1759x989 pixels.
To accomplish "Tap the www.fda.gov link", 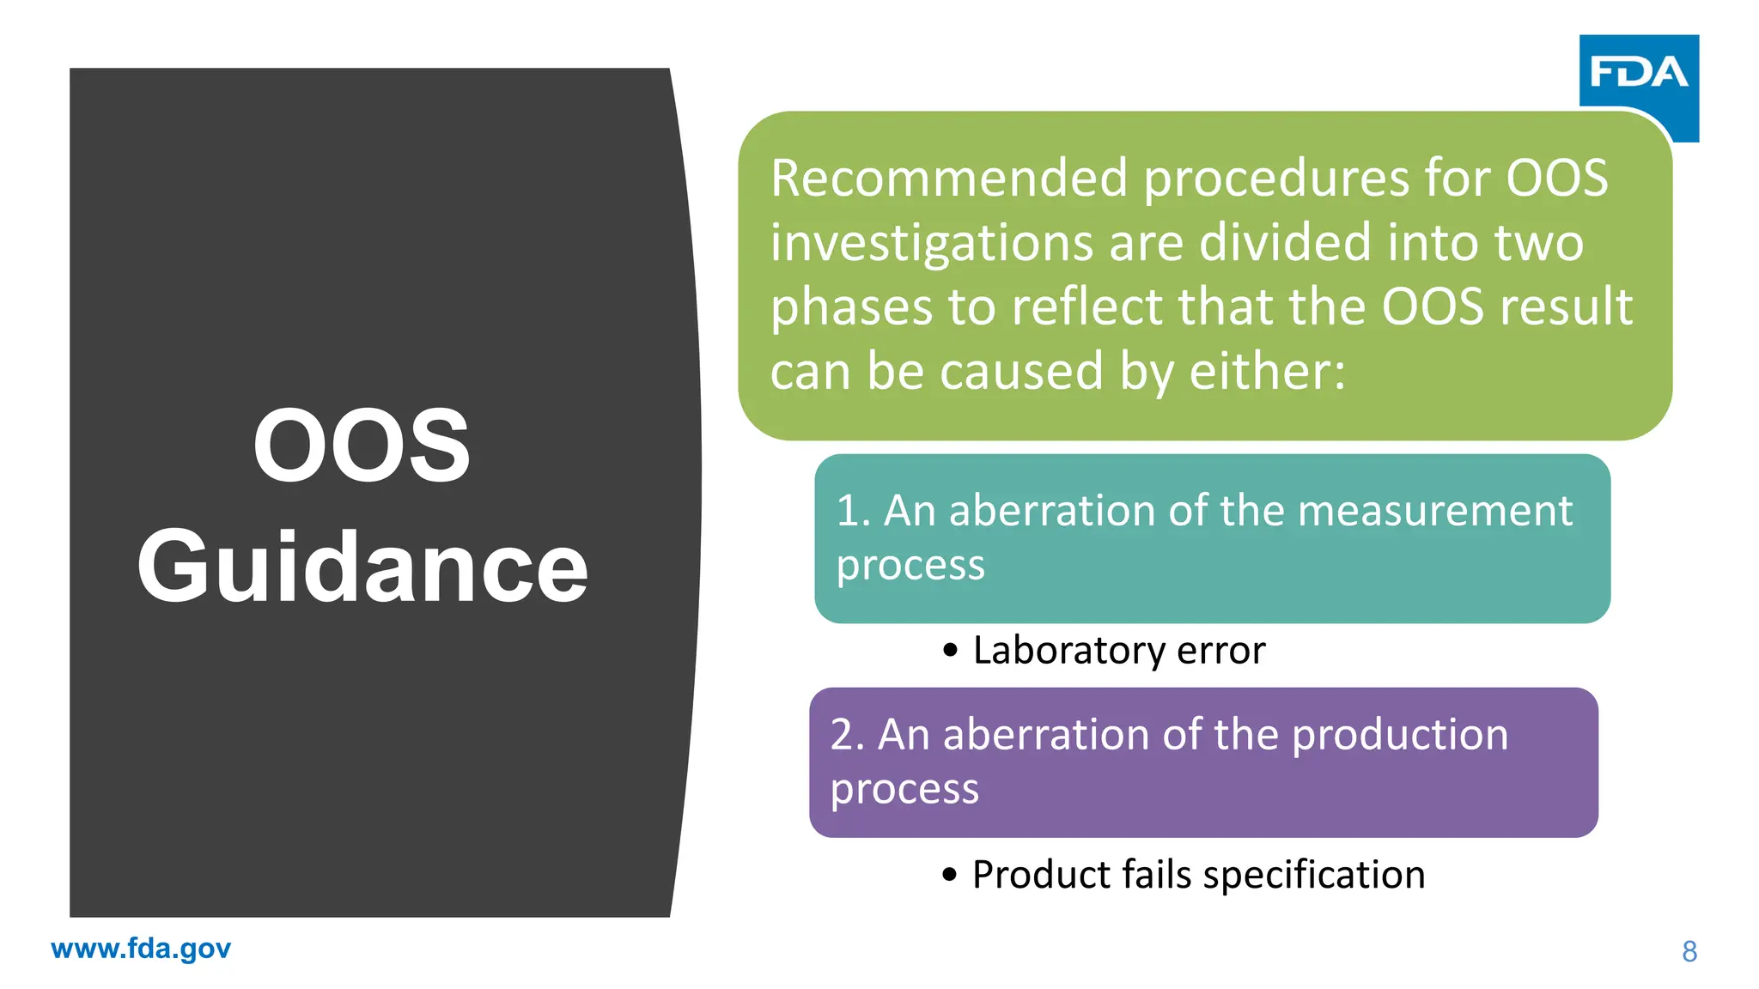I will click(141, 949).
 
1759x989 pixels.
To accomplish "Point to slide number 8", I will click(1689, 952).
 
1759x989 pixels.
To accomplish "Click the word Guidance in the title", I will click(362, 567).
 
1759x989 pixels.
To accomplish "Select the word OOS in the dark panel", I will click(362, 446).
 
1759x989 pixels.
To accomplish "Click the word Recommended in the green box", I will click(949, 179).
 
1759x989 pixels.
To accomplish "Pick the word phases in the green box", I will click(851, 308).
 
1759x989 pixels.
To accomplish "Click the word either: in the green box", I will click(1267, 372).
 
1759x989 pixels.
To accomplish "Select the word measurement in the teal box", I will click(1435, 511).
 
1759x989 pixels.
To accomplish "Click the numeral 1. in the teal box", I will click(853, 511).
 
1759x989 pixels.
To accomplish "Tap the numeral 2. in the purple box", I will click(847, 735).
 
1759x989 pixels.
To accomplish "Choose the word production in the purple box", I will click(1400, 735).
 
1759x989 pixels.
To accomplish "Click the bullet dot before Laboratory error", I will click(950, 651).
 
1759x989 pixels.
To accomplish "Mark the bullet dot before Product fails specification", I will click(949, 875).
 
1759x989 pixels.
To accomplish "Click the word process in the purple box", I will click(904, 789).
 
